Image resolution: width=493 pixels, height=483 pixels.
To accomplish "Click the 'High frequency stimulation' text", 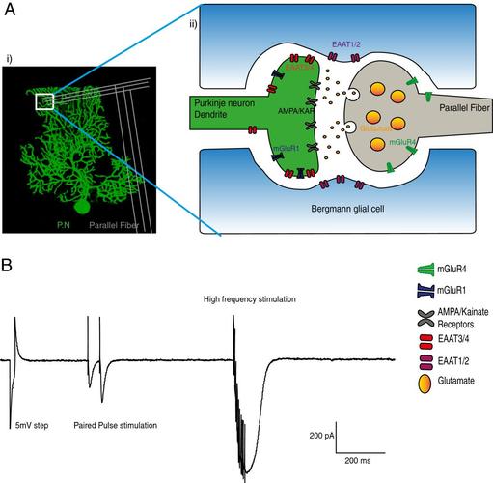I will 250,299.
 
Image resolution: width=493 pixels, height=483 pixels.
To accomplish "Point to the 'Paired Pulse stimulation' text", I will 117,424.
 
